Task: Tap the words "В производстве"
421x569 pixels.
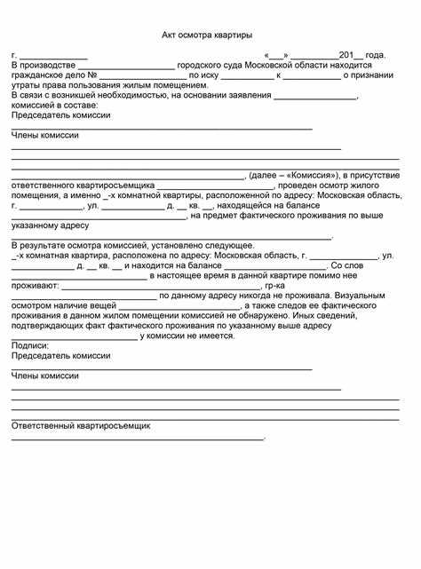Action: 42,66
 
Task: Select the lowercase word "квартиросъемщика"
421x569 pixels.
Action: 117,186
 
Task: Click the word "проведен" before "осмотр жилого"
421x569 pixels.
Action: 295,186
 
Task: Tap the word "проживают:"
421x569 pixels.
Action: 36,285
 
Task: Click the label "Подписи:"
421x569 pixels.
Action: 29,344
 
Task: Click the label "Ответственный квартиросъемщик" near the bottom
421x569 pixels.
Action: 81,425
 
